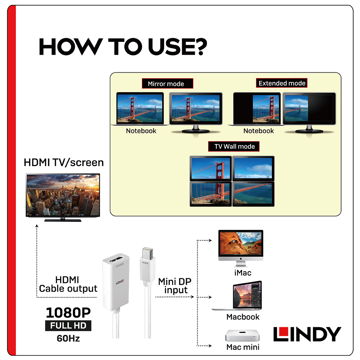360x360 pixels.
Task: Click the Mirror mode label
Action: [x=167, y=84]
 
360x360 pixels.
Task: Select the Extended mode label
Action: [x=282, y=83]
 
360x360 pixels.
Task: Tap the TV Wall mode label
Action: [x=234, y=147]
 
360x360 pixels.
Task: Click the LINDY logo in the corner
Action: [x=307, y=334]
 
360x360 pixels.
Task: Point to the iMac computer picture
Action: [x=240, y=248]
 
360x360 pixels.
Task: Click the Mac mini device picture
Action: [x=242, y=336]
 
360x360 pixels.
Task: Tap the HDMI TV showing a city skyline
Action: [x=63, y=197]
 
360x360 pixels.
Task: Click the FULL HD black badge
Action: [x=68, y=325]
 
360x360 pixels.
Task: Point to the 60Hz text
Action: [x=68, y=338]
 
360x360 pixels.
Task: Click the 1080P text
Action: [x=68, y=312]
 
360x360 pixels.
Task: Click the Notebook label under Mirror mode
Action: [x=141, y=131]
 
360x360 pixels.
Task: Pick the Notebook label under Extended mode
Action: [x=258, y=131]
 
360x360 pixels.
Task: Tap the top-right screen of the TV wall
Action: [x=253, y=168]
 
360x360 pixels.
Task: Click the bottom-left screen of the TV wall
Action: [x=211, y=194]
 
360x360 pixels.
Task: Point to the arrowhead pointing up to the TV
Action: [x=37, y=226]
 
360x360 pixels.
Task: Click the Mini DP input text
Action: [x=175, y=286]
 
